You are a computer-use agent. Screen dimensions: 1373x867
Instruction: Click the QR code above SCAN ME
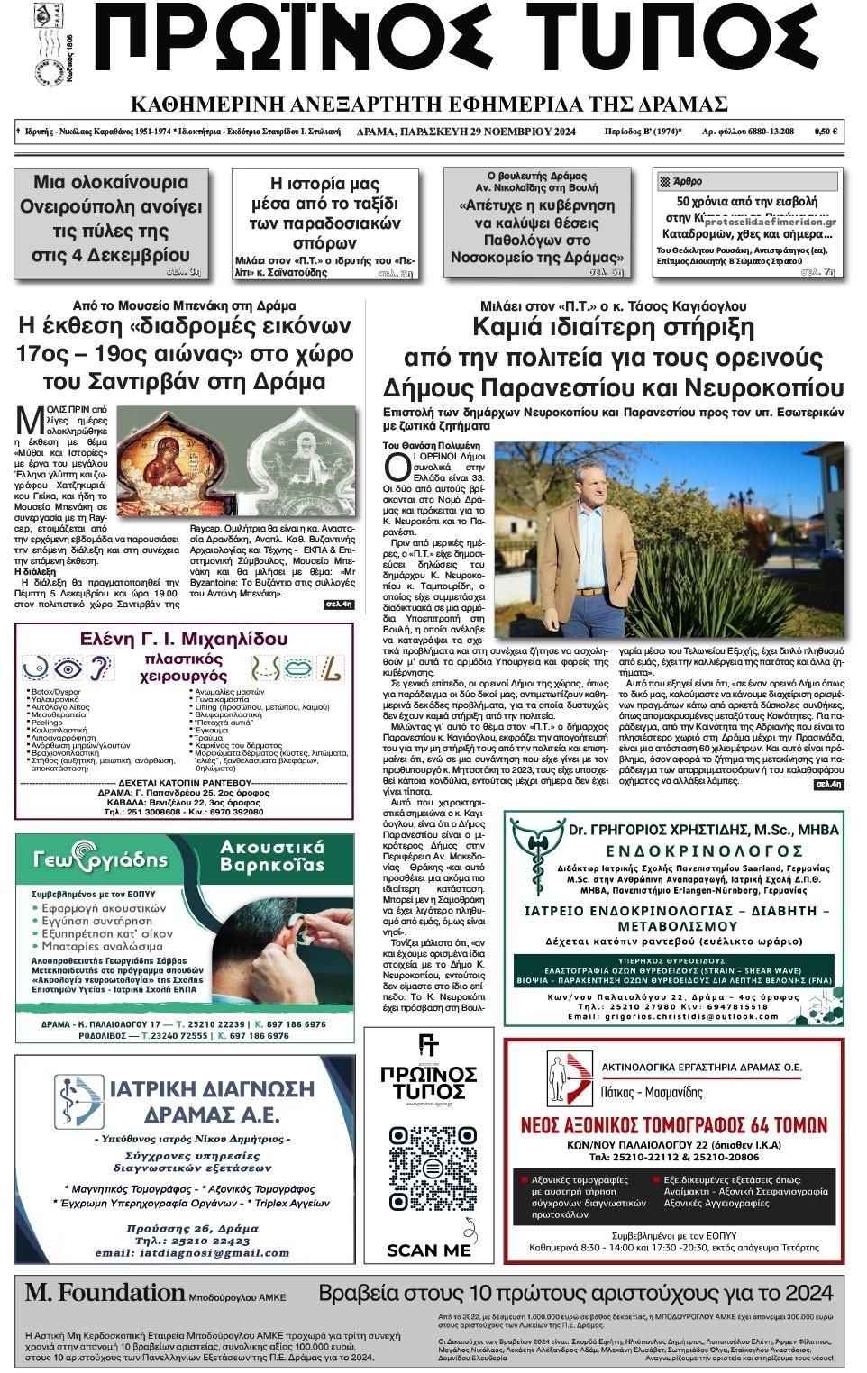429,1179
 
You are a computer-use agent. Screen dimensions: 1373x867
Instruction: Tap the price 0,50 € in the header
826,132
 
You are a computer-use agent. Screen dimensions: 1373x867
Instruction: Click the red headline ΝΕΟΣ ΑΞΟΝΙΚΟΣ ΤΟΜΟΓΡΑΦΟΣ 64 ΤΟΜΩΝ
673,1125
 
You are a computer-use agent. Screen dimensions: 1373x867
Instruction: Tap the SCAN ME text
429,1250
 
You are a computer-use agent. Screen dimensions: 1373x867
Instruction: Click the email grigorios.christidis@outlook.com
673,1016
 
